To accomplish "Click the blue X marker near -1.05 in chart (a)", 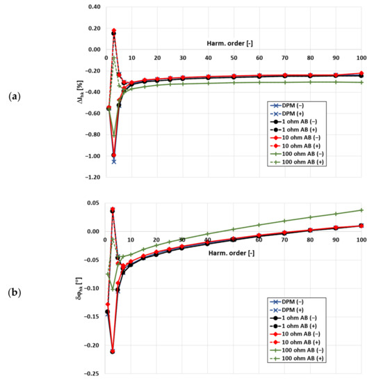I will click(x=113, y=161).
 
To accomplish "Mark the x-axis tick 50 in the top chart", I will click(x=234, y=58).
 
